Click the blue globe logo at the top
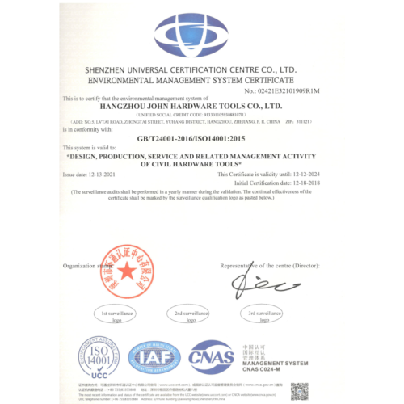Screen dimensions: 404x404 click(x=202, y=37)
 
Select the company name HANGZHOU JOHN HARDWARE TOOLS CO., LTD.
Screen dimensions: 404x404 click(x=201, y=105)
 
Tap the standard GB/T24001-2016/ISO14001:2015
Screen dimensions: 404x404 click(x=201, y=138)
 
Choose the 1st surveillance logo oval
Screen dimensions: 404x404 click(x=116, y=314)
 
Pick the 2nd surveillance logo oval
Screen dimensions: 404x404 click(x=191, y=314)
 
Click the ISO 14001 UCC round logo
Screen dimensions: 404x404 click(x=99, y=359)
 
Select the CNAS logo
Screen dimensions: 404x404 click(x=211, y=357)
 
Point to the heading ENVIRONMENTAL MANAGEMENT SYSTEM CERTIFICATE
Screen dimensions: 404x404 click(x=201, y=82)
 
